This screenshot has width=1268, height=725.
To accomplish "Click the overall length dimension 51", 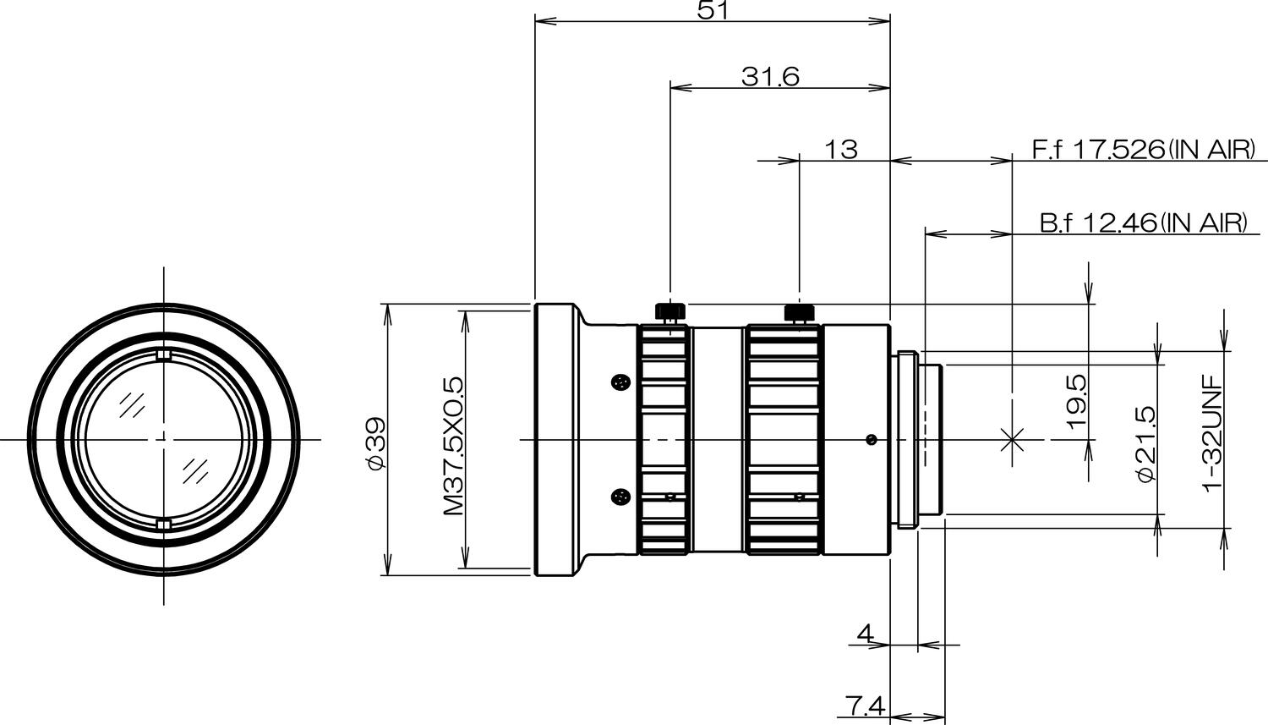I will [712, 9].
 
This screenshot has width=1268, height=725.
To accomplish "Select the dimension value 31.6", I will [770, 77].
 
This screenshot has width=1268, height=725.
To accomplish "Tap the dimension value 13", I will [840, 150].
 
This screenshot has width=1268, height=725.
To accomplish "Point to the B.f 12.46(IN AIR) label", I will [1143, 223].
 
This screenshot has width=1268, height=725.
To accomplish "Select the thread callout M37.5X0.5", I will [453, 446].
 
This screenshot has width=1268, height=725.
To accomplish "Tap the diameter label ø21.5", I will [1146, 443].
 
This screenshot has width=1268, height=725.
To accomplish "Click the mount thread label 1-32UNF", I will [1213, 431].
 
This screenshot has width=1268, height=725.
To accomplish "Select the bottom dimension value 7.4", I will [864, 705].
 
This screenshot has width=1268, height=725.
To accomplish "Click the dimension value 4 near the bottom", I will [864, 633].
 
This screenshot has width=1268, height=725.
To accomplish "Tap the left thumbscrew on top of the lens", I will [670, 312].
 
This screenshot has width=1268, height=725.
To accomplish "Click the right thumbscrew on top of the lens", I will [799, 312].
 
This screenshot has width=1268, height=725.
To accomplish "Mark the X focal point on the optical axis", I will [1012, 439].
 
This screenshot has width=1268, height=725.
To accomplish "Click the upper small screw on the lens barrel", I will [621, 383].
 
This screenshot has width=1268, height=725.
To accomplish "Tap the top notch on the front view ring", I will [164, 354].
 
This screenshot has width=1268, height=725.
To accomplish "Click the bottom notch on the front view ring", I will [164, 526].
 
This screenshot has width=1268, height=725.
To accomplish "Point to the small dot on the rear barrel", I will [871, 439].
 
